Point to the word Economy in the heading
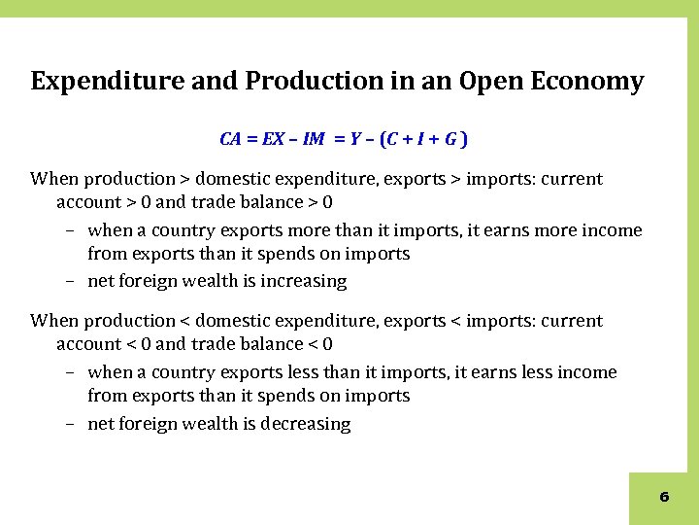click(x=591, y=82)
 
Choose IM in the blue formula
click(x=314, y=139)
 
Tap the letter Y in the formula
click(x=356, y=139)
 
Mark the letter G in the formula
click(x=452, y=139)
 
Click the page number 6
click(x=664, y=497)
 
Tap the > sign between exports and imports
click(x=453, y=180)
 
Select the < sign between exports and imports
click(x=453, y=322)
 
